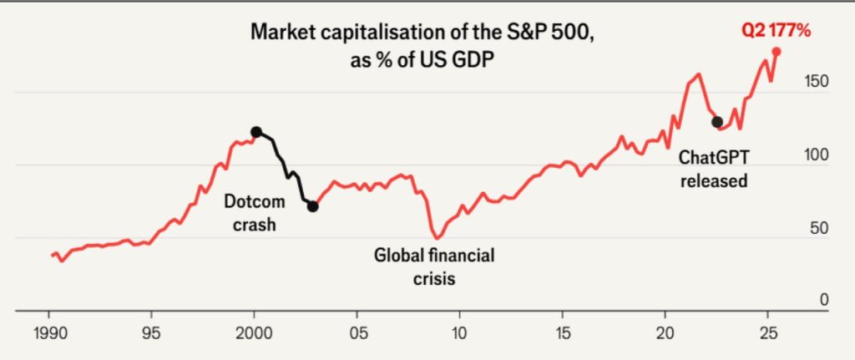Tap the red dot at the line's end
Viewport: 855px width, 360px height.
(777, 52)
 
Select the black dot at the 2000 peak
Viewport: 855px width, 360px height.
(256, 132)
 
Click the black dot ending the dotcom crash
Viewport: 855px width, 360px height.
(312, 205)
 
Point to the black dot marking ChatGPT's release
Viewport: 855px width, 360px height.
(716, 122)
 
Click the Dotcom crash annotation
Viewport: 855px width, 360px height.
(254, 212)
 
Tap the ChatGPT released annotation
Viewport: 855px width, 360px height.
(713, 167)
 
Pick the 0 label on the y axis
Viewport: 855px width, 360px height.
(823, 299)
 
